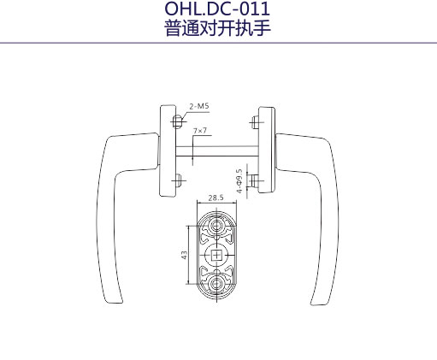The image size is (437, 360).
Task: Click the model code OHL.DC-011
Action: coord(217,9)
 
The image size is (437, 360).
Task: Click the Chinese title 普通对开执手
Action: coord(217,28)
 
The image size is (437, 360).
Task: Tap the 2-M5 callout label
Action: coord(199,106)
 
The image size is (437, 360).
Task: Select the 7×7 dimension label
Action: coord(200,131)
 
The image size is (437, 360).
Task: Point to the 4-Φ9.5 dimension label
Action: coord(239,181)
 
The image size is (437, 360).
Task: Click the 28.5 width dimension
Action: coord(216,198)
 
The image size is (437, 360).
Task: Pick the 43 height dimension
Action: coord(185,255)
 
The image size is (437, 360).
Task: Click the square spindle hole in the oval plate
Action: coord(216,255)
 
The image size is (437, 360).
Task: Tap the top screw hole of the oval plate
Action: coord(216,226)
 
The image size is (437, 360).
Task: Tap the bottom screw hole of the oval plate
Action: coord(216,284)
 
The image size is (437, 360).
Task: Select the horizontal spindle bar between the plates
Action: coord(217,150)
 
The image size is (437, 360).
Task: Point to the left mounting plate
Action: coord(168,150)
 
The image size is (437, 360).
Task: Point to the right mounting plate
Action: coord(267,150)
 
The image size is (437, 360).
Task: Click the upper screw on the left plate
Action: coord(178,121)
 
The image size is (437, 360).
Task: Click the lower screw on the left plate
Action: coord(178,180)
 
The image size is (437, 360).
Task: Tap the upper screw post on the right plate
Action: coord(255,122)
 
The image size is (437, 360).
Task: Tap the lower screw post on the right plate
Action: coord(255,180)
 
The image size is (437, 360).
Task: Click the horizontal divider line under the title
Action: coord(218,43)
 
